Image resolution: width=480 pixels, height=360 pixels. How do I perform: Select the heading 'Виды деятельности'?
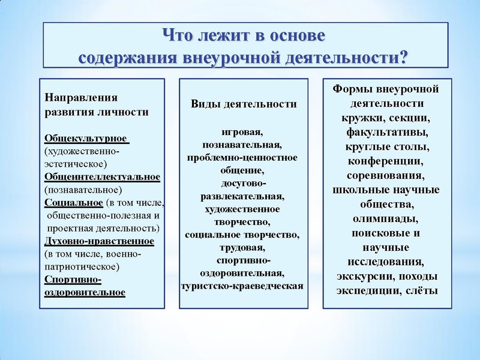click(x=244, y=104)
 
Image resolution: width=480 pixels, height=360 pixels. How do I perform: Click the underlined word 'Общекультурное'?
click(x=86, y=139)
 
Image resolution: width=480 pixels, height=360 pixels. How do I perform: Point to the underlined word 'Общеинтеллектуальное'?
click(x=102, y=177)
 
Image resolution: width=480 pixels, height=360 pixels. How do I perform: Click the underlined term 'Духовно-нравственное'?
click(x=100, y=241)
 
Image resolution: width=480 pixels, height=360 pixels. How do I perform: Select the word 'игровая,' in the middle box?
click(x=243, y=132)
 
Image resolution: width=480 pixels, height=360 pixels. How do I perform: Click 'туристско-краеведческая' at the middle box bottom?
click(x=243, y=286)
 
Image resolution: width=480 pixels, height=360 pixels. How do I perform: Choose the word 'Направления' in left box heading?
click(x=73, y=98)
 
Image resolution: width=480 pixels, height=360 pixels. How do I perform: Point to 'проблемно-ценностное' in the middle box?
click(x=243, y=158)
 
